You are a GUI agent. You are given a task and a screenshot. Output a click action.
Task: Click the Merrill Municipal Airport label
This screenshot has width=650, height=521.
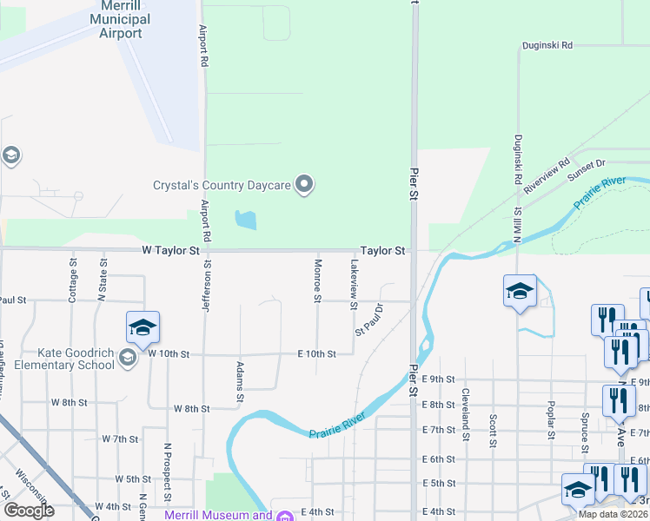pos(120,20)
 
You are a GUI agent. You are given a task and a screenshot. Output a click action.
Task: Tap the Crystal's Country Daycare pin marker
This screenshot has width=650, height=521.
pos(304,184)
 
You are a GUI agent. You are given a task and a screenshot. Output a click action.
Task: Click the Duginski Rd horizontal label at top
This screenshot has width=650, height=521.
pos(547,45)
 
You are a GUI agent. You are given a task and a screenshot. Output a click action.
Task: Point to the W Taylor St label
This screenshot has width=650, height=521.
pos(170,250)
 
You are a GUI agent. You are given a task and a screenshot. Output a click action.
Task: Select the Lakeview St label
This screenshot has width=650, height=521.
pos(354,284)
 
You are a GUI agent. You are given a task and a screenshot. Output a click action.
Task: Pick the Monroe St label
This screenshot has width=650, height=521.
pos(318,280)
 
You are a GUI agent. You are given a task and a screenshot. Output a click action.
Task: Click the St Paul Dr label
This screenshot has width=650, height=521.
pos(369,320)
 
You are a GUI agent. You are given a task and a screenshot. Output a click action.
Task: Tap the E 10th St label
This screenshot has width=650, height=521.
pos(316,354)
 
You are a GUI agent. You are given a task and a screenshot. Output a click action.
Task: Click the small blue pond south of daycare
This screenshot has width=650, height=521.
pos(246,220)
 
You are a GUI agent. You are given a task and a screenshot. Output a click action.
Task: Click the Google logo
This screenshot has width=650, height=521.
pos(29,511)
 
